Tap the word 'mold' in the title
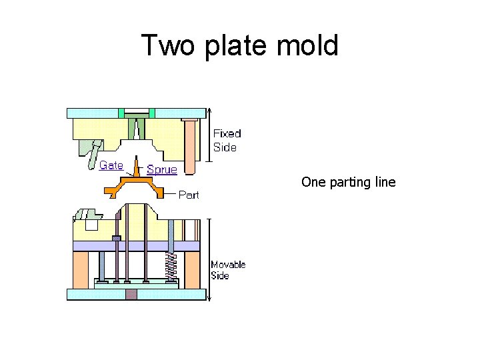310,46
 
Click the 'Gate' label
111,165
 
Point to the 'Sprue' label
162,169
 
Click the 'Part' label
189,195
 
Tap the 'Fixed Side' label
227,140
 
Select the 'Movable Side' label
228,270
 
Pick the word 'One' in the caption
312,181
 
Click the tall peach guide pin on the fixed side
189,144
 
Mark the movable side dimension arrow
209,260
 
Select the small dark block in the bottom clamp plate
131,294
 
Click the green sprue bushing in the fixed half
137,127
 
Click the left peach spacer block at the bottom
80,269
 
